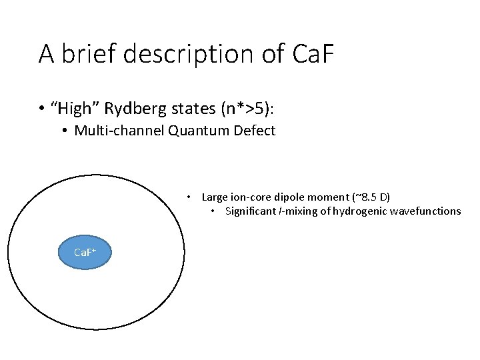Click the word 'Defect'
pyautogui.click(x=254, y=131)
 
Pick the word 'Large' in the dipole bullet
pyautogui.click(x=214, y=197)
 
